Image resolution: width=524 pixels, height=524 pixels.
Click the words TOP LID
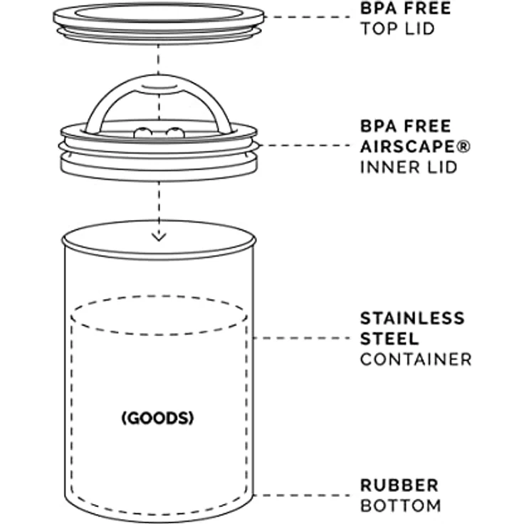click(x=397, y=28)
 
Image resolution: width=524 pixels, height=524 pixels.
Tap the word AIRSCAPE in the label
click(x=409, y=147)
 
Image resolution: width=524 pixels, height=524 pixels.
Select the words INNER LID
click(x=409, y=167)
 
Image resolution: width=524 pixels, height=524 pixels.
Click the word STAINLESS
click(x=412, y=318)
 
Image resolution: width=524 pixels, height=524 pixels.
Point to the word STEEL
click(x=389, y=339)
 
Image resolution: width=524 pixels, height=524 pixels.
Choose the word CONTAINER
click(x=416, y=360)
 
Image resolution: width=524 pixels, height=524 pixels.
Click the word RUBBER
click(x=399, y=486)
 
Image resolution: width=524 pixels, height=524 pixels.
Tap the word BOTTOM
click(x=401, y=505)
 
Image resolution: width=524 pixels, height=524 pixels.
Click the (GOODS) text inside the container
click(x=157, y=418)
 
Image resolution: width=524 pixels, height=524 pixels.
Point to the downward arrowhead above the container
click(x=159, y=237)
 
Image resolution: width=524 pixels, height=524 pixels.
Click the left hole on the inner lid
click(x=142, y=132)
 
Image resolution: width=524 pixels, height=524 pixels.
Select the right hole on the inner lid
click(x=175, y=132)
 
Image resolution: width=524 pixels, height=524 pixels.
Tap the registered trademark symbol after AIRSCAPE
click(x=464, y=147)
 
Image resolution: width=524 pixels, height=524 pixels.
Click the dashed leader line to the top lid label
click(x=307, y=16)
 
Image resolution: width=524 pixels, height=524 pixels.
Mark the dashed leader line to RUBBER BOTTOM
click(x=302, y=496)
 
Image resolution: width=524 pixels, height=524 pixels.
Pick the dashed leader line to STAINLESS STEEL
click(x=302, y=338)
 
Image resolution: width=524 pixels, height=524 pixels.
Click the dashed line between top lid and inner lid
click(x=158, y=60)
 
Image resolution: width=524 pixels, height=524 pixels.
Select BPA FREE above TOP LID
click(x=406, y=9)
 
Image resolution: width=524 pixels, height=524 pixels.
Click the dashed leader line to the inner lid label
click(x=304, y=145)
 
